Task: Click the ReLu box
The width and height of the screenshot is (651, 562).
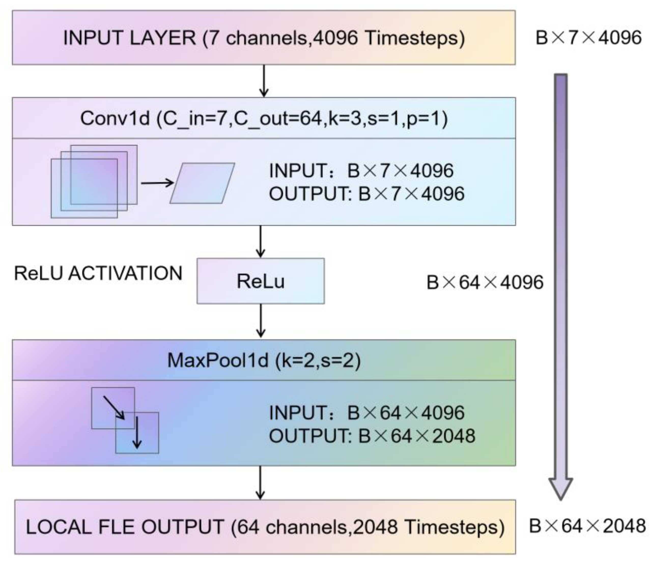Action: (260, 281)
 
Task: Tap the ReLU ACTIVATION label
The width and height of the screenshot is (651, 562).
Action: (98, 273)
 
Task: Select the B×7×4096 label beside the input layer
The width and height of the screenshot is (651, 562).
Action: (588, 38)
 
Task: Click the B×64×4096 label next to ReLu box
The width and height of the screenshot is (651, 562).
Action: (485, 282)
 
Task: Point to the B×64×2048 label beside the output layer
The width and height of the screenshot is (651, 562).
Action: (587, 526)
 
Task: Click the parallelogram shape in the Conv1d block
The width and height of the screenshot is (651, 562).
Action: (202, 183)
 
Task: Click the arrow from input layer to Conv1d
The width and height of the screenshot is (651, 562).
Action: (264, 81)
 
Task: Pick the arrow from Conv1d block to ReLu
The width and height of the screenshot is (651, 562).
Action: (260, 241)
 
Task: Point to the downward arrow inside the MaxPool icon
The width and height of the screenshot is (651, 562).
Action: (137, 432)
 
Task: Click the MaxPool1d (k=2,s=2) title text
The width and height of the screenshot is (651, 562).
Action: (264, 360)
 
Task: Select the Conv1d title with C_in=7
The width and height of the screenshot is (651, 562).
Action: (264, 119)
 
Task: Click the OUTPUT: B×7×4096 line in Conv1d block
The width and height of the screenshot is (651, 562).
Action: (366, 194)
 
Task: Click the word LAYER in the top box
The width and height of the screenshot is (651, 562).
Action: (162, 38)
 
